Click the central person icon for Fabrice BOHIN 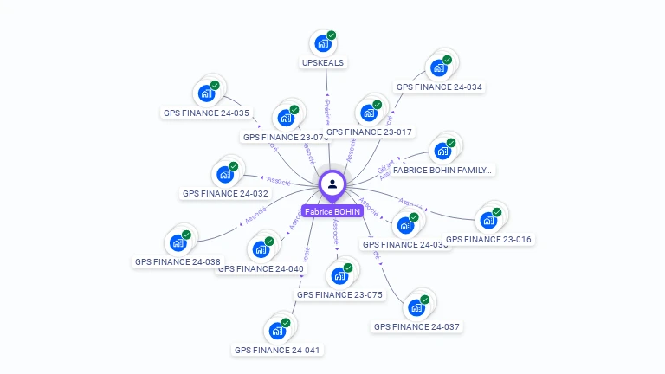pos(332,184)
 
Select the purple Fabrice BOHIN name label pos(332,211)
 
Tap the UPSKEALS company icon pos(323,43)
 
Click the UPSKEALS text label pos(323,63)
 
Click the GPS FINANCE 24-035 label pos(206,113)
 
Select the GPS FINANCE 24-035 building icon pos(206,93)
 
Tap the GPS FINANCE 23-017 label pos(370,132)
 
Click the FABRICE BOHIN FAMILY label pos(442,171)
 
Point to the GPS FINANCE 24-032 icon pos(226,174)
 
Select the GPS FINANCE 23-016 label pos(488,239)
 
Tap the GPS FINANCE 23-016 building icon pos(489,220)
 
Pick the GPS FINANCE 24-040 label pos(261,268)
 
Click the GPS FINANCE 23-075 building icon pos(339,276)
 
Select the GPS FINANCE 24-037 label pos(416,326)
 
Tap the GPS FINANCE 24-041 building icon pos(277,331)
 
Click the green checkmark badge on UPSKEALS pos(331,35)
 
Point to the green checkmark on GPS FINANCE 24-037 pos(425,299)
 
